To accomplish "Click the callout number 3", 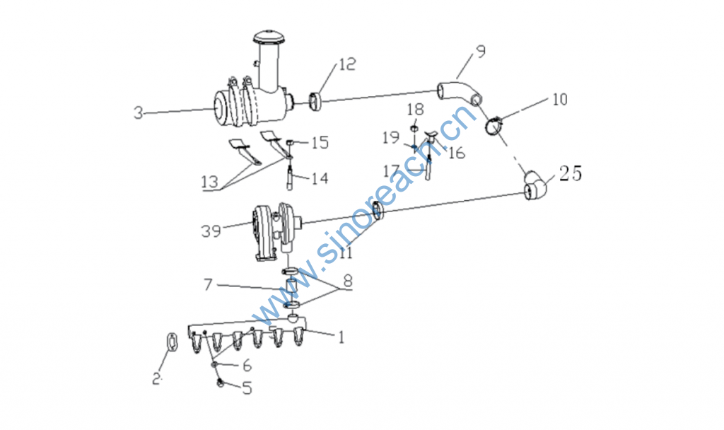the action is [139, 112].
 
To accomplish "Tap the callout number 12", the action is [347, 64].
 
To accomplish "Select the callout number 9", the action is [481, 51].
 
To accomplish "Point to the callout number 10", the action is [560, 99].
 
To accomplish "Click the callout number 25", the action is [571, 174].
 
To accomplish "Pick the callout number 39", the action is [211, 231].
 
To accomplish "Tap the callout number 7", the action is [209, 284].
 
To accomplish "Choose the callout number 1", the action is [341, 337].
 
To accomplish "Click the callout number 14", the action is [320, 178].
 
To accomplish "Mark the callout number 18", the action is [415, 110].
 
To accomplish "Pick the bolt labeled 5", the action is [221, 382].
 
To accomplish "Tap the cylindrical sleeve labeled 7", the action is [292, 289].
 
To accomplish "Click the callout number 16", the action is [457, 153].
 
